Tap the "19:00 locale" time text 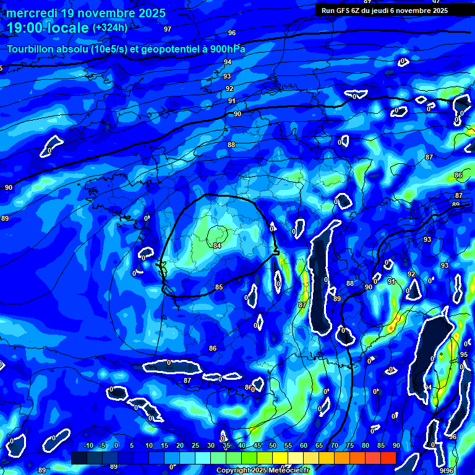(48, 28)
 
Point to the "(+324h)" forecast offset (110, 28)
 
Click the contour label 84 (217, 246)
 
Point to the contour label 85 (219, 288)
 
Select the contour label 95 (464, 354)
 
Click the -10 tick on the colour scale (88, 446)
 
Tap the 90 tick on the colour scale (396, 446)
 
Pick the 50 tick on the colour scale (273, 446)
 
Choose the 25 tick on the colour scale (195, 446)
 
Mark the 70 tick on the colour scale (335, 446)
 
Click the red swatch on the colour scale (388, 458)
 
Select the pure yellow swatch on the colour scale (280, 458)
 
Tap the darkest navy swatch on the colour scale (79, 458)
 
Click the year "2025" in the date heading (151, 13)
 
